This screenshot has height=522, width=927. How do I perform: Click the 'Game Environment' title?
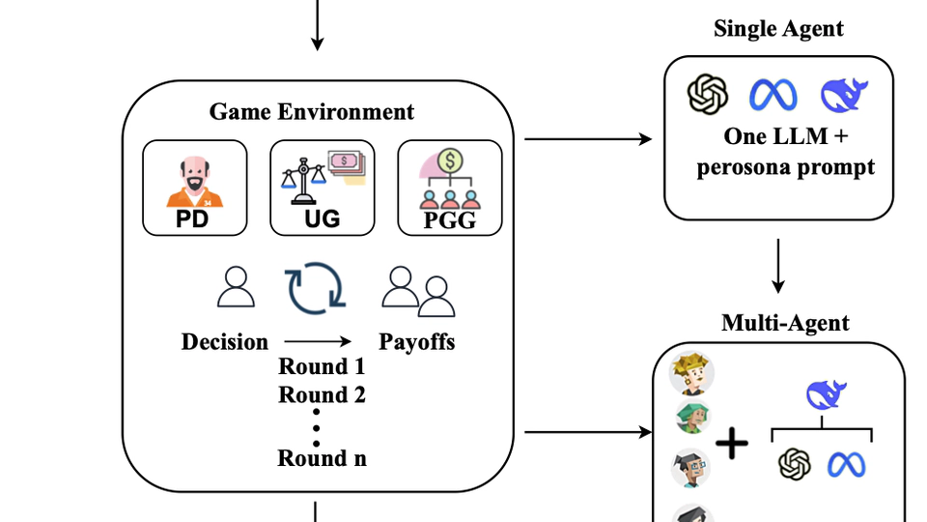(x=312, y=112)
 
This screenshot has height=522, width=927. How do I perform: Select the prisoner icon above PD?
(x=191, y=180)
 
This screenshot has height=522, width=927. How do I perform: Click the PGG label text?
(x=450, y=222)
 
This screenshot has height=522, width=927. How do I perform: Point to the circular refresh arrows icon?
(x=315, y=288)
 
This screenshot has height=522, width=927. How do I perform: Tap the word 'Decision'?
(x=225, y=341)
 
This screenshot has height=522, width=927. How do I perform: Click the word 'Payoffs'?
(x=416, y=341)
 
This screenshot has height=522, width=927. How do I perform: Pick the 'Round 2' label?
(x=322, y=394)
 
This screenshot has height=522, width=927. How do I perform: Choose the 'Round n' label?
(x=322, y=457)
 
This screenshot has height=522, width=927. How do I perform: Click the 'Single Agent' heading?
(x=778, y=29)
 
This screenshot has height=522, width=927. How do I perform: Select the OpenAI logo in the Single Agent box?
(x=707, y=95)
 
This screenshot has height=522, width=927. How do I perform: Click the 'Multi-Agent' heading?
(x=785, y=323)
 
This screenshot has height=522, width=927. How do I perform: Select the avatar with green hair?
(x=693, y=418)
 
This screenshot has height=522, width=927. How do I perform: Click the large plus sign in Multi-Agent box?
(x=731, y=444)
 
